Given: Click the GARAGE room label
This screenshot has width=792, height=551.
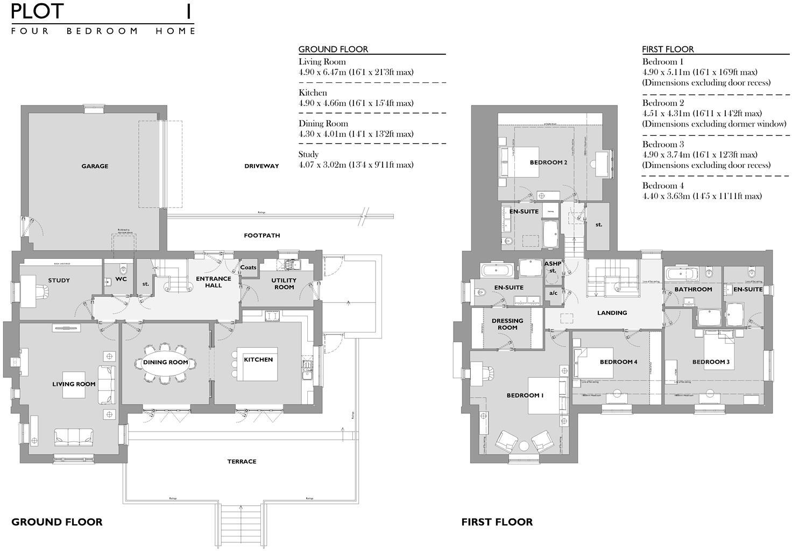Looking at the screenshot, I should tap(95, 166).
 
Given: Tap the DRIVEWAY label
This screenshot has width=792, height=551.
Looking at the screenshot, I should tap(261, 166).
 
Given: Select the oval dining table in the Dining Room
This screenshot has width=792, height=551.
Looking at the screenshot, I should tap(165, 363).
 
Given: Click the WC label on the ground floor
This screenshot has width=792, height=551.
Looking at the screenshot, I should tap(121, 279).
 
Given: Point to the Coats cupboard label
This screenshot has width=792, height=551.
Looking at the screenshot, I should tap(248, 267).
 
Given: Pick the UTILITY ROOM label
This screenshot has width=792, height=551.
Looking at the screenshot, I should tap(284, 284).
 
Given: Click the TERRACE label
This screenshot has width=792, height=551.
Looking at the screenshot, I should tap(242, 462).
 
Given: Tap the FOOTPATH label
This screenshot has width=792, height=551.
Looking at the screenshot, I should tap(261, 236).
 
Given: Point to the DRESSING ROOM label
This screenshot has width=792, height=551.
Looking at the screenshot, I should tap(507, 324).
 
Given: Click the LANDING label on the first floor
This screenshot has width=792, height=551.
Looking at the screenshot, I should tap(612, 313).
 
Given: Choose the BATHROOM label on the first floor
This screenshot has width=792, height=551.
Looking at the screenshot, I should tap(693, 289).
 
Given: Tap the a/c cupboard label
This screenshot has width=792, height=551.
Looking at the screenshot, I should tap(553, 294).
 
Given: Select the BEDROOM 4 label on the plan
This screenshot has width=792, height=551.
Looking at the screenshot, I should tap(618, 362).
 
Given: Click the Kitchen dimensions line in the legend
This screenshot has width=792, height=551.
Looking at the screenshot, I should tap(356, 103).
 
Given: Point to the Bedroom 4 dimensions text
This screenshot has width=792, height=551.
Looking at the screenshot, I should tap(702, 196).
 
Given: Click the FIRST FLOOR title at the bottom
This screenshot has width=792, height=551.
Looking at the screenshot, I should tap(497, 522).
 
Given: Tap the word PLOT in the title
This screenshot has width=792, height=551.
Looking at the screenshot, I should tap(37, 12).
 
